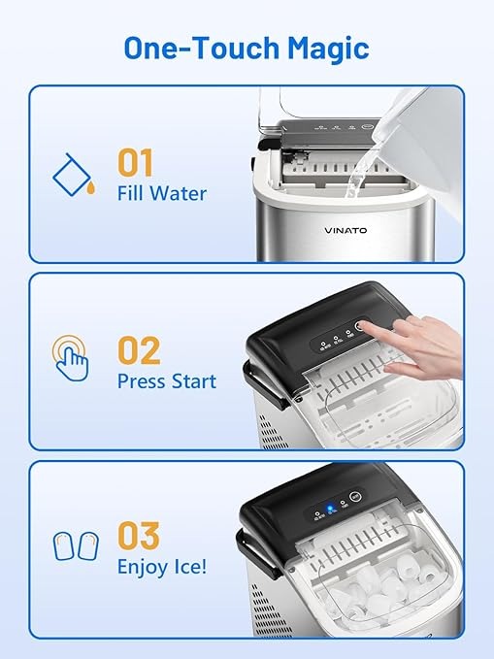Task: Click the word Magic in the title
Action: pyautogui.click(x=328, y=49)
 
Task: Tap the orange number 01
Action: pyautogui.click(x=135, y=163)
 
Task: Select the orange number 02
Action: pyautogui.click(x=139, y=350)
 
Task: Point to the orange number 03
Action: pyautogui.click(x=139, y=535)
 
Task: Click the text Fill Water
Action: pyautogui.click(x=162, y=194)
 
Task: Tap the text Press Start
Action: pyautogui.click(x=167, y=381)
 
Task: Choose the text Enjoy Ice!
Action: pyautogui.click(x=162, y=567)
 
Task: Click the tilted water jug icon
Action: pyautogui.click(x=74, y=175)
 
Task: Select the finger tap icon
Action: pyautogui.click(x=71, y=358)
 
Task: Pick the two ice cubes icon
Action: pyautogui.click(x=76, y=546)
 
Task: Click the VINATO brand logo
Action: pyautogui.click(x=346, y=230)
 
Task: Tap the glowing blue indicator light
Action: pyautogui.click(x=331, y=506)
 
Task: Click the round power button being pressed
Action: pyautogui.click(x=360, y=326)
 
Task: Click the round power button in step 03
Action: pyautogui.click(x=356, y=496)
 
